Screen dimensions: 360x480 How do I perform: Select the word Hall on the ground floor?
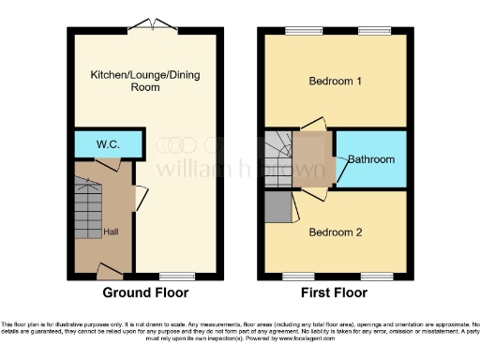tap(111, 232)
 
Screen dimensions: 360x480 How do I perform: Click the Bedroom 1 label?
tap(335, 81)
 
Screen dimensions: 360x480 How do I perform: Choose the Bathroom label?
tap(371, 160)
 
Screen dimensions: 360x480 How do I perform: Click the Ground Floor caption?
tap(145, 292)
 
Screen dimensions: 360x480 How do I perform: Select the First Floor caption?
tap(335, 292)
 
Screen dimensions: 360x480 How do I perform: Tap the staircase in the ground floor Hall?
tap(87, 200)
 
